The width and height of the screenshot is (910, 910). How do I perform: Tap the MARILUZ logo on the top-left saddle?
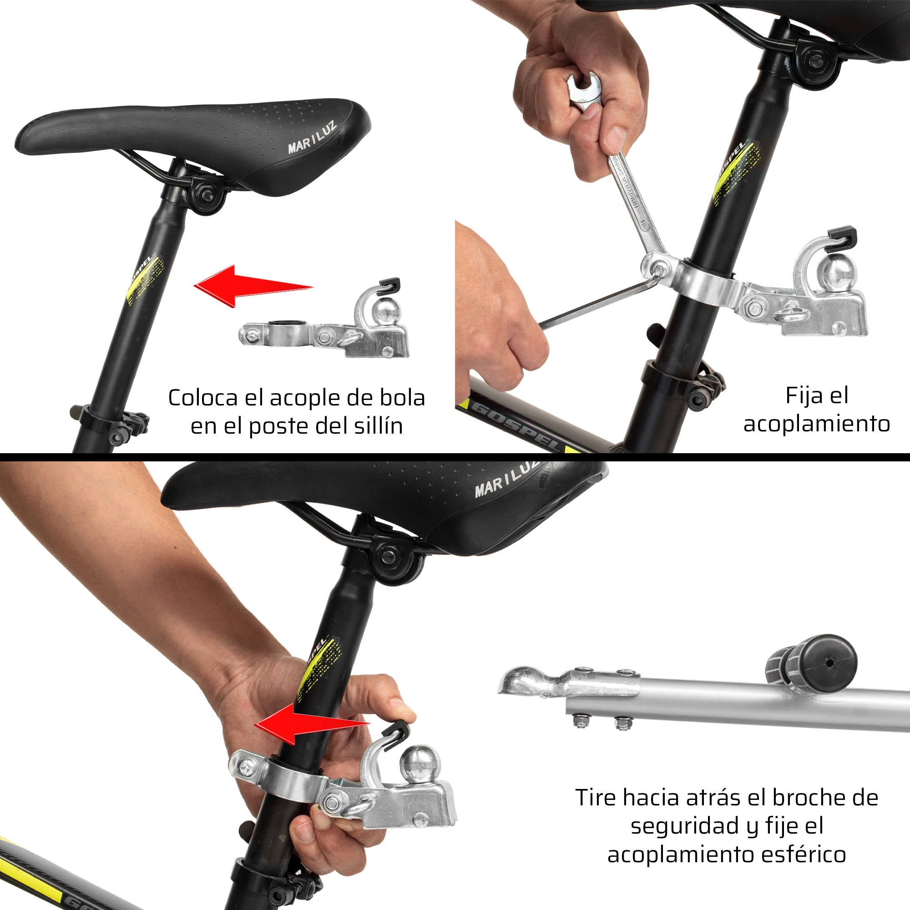coord(312,137)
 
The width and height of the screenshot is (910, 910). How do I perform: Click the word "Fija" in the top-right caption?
coord(805,396)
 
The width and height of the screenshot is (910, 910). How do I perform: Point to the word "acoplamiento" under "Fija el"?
coord(817,423)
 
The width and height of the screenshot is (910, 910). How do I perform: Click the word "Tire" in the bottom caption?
coord(595,798)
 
